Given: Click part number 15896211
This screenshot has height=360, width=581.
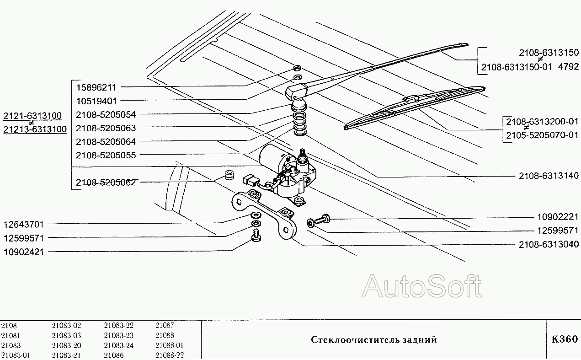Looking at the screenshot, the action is coord(96,87).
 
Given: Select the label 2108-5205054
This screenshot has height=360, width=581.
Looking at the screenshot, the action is coord(106,114).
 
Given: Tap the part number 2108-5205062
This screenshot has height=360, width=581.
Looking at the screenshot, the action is coord(106,183).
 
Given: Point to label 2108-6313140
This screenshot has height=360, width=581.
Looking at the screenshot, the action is coord(549,176).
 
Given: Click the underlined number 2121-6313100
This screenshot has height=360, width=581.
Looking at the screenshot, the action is coord(32,115).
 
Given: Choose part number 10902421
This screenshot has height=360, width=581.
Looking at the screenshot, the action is coord(24,252).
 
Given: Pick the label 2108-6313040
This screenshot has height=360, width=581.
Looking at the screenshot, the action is coord(549,244).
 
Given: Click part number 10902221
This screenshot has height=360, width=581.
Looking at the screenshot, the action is coord(558,217).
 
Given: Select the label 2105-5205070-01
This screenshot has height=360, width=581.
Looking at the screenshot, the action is coord(542,135).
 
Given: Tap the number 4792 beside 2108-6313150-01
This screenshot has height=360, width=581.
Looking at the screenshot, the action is coord(568,67).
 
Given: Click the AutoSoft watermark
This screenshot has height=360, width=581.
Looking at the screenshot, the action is coord(422,286).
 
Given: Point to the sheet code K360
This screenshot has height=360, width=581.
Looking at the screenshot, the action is coord(565,339).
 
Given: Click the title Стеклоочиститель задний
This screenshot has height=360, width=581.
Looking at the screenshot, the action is coord(374,340).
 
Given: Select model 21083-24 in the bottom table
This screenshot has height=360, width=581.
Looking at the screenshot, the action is coord(118,345).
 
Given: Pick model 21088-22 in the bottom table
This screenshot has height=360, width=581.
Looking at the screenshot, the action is coord(170,355).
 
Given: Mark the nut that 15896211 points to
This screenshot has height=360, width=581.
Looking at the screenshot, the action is coord(297,68).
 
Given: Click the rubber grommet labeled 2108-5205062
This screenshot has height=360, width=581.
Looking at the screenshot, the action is coord(229,175).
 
